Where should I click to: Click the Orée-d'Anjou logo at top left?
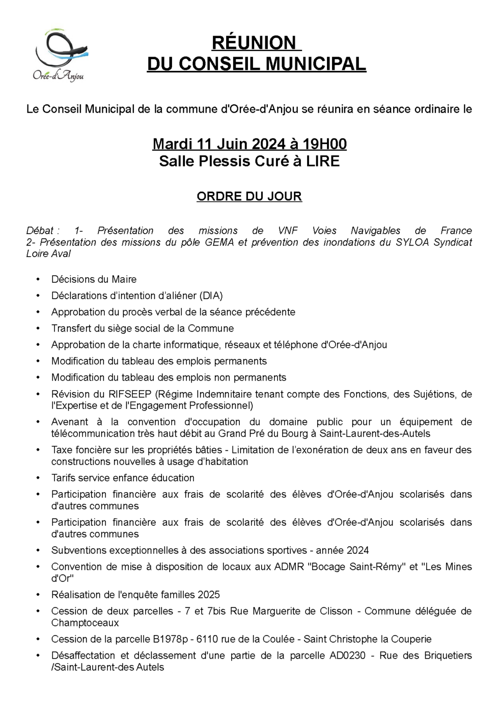point(60,55)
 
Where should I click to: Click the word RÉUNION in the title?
point(254,43)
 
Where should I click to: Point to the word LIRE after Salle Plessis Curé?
point(322,161)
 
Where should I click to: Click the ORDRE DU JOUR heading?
point(249,196)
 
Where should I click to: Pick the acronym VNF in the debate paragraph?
point(288,231)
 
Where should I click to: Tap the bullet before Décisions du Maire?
point(38,280)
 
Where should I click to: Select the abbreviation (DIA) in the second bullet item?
point(211,296)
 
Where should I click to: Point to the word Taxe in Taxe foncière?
point(62,450)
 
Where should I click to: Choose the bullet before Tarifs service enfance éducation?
point(38,478)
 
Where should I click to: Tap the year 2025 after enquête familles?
point(209,595)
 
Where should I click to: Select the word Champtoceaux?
point(85,623)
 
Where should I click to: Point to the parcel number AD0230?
point(347,656)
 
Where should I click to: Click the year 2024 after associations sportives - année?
point(357,551)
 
